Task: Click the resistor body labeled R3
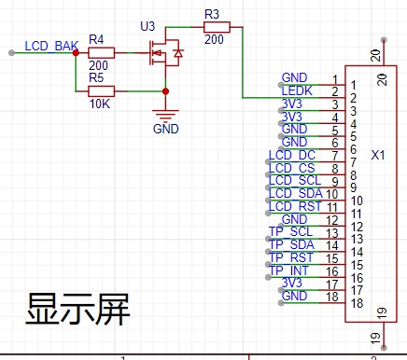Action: [x=217, y=27]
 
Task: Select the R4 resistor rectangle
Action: [x=101, y=53]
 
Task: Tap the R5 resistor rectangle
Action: [x=101, y=91]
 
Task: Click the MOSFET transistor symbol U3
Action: [x=165, y=53]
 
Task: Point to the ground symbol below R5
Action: [x=165, y=115]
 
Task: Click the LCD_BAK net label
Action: [x=51, y=46]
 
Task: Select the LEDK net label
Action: [x=297, y=90]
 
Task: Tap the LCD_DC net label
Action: [x=292, y=155]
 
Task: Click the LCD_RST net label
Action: [x=295, y=206]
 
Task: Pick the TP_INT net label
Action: [x=288, y=270]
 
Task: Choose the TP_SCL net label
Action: [x=290, y=232]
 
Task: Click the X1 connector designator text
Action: [x=378, y=155]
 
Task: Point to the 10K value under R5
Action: [x=100, y=104]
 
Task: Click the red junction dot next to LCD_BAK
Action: [x=76, y=53]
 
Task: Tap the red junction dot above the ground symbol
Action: [x=165, y=91]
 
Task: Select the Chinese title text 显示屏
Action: [x=77, y=310]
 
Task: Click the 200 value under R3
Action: [x=214, y=39]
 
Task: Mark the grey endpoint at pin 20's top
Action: [x=384, y=40]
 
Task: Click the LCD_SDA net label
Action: [x=296, y=193]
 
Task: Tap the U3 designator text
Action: [x=147, y=26]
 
